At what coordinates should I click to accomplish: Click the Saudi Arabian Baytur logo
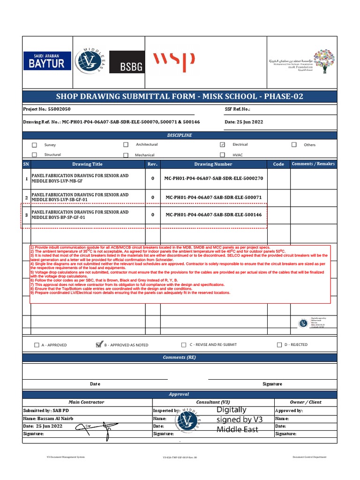(47, 61)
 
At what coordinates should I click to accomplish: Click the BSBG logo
(127, 62)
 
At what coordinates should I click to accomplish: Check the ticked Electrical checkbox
(222, 145)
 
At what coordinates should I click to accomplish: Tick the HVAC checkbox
(222, 155)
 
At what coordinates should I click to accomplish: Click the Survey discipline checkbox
(35, 145)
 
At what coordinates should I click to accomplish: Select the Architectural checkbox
(126, 145)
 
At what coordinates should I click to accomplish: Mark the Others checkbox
(294, 145)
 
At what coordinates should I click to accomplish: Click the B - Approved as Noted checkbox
(98, 345)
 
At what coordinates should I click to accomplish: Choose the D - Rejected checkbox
(280, 345)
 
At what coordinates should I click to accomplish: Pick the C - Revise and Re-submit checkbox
(184, 345)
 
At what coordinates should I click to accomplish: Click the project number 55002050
(60, 109)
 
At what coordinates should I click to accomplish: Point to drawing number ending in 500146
(214, 215)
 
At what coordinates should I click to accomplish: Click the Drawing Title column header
(87, 164)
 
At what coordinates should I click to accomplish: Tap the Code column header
(278, 164)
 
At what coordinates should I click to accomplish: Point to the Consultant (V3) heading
(213, 402)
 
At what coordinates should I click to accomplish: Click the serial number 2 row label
(26, 197)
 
